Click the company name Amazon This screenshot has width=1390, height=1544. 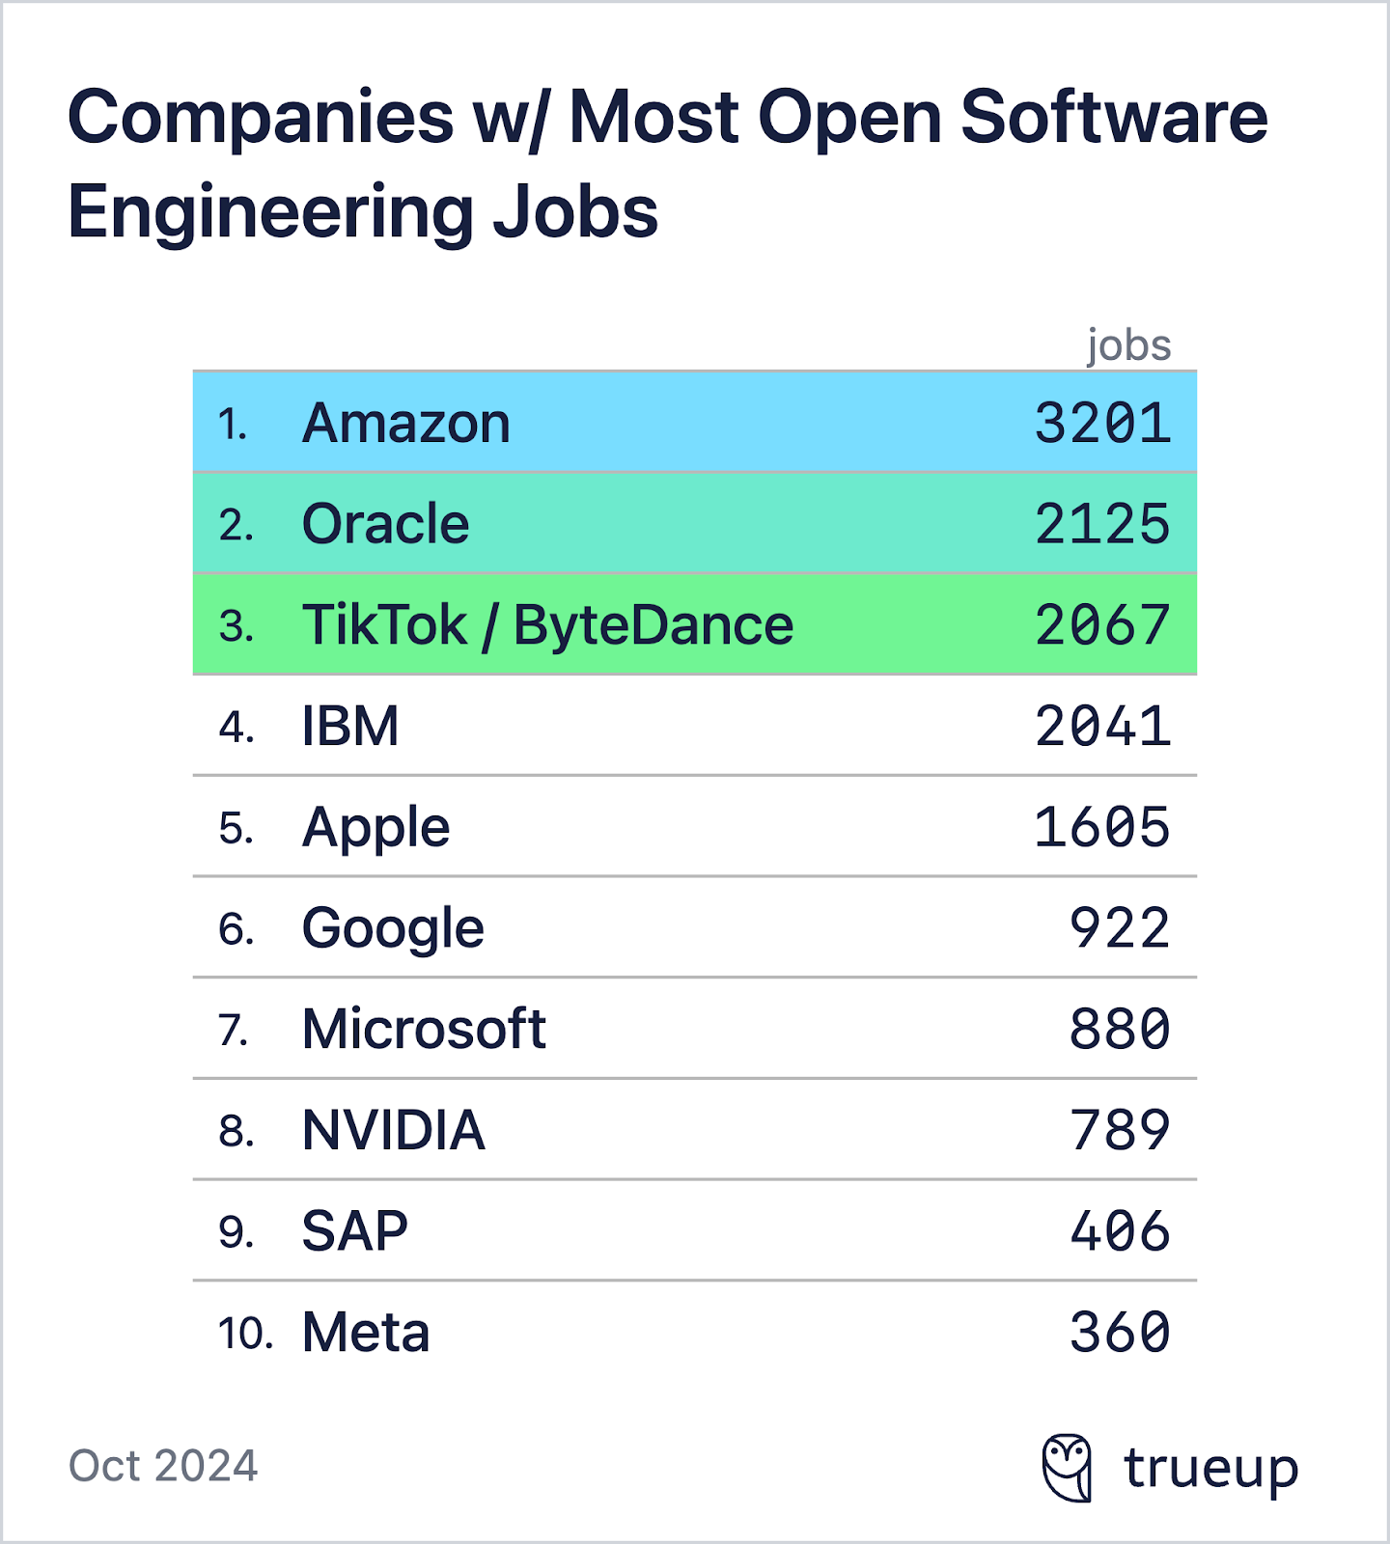click(405, 424)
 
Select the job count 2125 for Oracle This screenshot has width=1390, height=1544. click(1102, 525)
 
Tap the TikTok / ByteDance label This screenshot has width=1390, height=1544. click(547, 625)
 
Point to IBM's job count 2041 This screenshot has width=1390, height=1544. click(1102, 727)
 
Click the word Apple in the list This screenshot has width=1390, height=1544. click(375, 828)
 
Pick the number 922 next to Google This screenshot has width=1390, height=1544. click(1119, 928)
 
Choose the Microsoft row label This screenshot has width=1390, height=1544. click(424, 1029)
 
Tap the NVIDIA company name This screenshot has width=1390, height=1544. click(393, 1130)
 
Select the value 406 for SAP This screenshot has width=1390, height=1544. click(1119, 1231)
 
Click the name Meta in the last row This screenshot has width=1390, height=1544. click(365, 1333)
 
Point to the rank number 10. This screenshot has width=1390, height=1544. click(245, 1334)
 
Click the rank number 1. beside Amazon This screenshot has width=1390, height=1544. click(233, 425)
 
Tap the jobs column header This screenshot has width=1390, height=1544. click(1128, 345)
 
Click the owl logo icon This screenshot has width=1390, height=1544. click(1068, 1468)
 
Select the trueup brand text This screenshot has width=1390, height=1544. click(1210, 1469)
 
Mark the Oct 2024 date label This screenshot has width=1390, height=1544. click(163, 1466)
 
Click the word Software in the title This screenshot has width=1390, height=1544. click(1114, 118)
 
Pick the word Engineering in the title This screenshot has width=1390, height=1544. click(270, 212)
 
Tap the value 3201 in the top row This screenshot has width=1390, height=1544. click(1102, 424)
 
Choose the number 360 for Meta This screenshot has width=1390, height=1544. click(1119, 1333)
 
